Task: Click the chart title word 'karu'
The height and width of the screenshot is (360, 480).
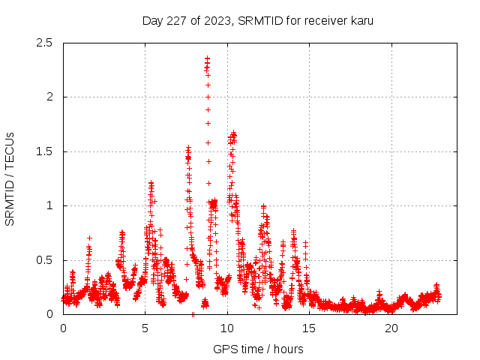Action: [360, 20]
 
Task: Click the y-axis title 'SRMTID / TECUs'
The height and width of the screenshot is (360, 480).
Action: [10, 178]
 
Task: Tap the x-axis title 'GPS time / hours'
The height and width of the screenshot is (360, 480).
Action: [258, 349]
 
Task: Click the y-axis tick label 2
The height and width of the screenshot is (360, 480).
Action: [49, 97]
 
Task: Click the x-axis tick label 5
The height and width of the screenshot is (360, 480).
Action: [145, 328]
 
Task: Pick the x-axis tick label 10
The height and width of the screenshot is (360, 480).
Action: [227, 328]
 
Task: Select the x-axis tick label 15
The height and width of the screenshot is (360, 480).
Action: [309, 328]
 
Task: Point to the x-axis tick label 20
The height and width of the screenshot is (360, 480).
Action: [391, 328]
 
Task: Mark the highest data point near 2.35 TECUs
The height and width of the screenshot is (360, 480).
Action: [207, 58]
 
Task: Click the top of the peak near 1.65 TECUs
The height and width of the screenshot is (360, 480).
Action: [233, 133]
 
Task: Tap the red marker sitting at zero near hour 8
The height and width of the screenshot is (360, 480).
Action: [193, 314]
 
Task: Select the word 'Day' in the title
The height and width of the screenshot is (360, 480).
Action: [152, 20]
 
